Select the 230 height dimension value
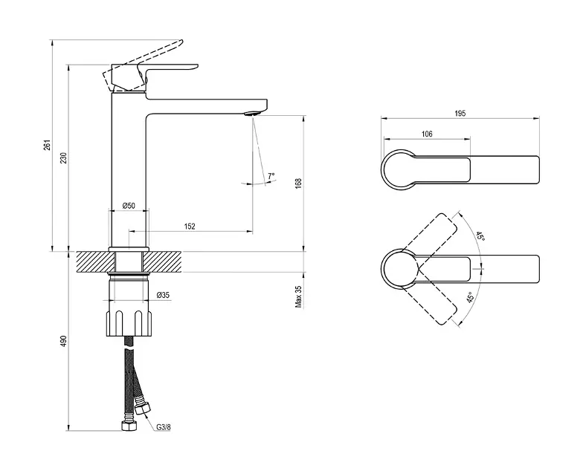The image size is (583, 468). coord(63,157)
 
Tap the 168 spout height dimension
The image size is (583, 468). coord(298,183)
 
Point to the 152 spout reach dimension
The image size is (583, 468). coord(190,227)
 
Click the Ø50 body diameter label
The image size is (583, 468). coord(128,205)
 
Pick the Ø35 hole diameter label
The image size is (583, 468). coord(164,296)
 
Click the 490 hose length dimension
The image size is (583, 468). coord(63,341)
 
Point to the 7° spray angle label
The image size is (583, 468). coord(271,176)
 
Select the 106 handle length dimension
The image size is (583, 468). coord(426,134)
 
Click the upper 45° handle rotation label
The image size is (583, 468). coord(480,237)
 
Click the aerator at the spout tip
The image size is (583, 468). coord(251,114)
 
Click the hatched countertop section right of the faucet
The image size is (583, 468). coord(167,262)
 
